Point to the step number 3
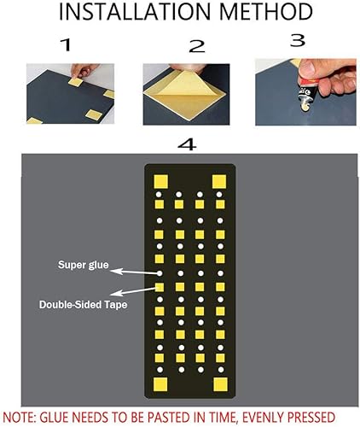tap(297, 40)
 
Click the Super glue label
tap(83, 265)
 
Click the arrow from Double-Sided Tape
tap(136, 294)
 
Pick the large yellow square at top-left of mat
tap(158, 181)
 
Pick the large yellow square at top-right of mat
tap(219, 181)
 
